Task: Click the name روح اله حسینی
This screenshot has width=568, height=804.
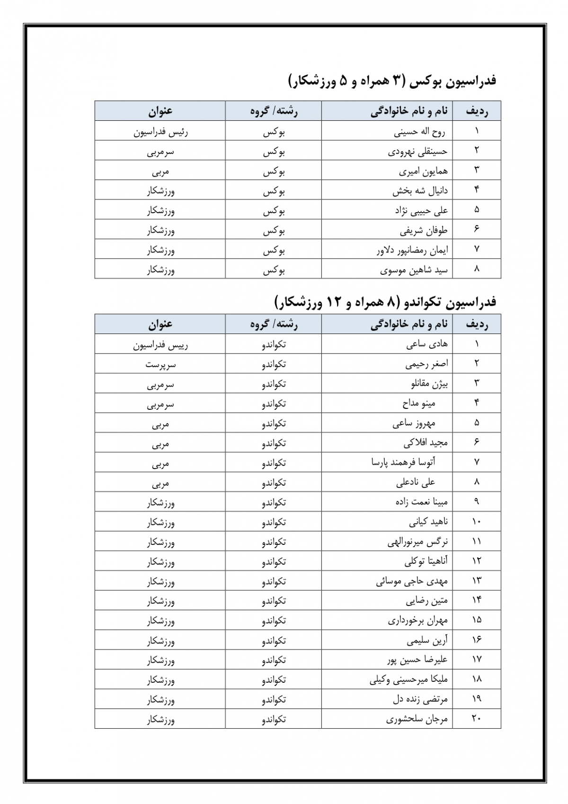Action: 419,131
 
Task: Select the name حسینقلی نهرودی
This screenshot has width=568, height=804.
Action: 417,151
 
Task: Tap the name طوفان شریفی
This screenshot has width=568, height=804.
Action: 423,231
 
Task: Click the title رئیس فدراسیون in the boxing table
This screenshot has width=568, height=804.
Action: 160,132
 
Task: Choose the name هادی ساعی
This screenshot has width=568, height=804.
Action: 426,344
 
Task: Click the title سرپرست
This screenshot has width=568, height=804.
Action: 160,365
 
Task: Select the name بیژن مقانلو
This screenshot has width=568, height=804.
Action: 429,384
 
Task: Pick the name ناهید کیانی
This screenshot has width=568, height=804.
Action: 428,522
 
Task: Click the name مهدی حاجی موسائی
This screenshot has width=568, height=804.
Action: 412,581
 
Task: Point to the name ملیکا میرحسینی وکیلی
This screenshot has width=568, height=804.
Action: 408,680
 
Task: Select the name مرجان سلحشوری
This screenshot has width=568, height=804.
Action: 417,719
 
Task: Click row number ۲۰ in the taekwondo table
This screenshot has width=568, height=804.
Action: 476,719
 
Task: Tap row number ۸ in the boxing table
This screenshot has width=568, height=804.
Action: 476,269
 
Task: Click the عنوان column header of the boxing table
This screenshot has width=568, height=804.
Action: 160,111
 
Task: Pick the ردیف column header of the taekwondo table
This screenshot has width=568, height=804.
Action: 477,325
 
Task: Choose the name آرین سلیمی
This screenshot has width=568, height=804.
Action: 427,641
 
